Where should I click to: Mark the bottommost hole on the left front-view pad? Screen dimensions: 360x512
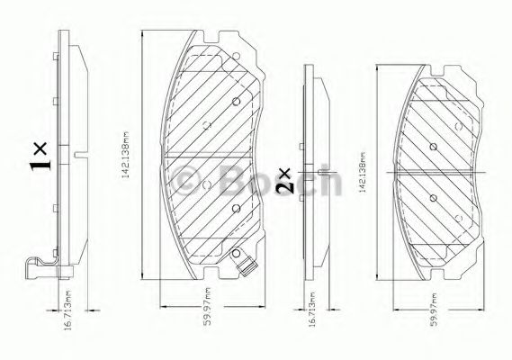click(235, 210)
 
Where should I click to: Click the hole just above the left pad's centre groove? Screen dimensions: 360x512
click(205, 125)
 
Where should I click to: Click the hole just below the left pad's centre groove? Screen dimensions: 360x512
click(205, 185)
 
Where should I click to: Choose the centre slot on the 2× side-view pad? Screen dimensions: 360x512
click(322, 171)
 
